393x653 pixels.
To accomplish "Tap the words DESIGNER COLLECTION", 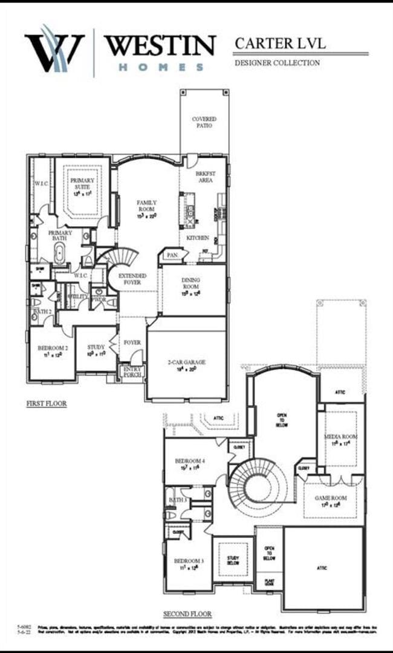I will pyautogui.click(x=276, y=62).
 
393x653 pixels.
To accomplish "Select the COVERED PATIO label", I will pyautogui.click(x=204, y=122).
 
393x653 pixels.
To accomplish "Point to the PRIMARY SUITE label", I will pyautogui.click(x=82, y=184).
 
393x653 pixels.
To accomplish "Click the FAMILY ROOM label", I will pyautogui.click(x=147, y=206).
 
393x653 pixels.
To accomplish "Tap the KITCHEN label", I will pyautogui.click(x=198, y=238).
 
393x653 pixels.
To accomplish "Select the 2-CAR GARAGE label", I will pyautogui.click(x=187, y=362).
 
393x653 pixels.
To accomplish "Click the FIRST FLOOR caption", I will pyautogui.click(x=46, y=403).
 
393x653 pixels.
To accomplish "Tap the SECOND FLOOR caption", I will pyautogui.click(x=187, y=614).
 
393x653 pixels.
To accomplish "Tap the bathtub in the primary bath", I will pyautogui.click(x=59, y=254).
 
